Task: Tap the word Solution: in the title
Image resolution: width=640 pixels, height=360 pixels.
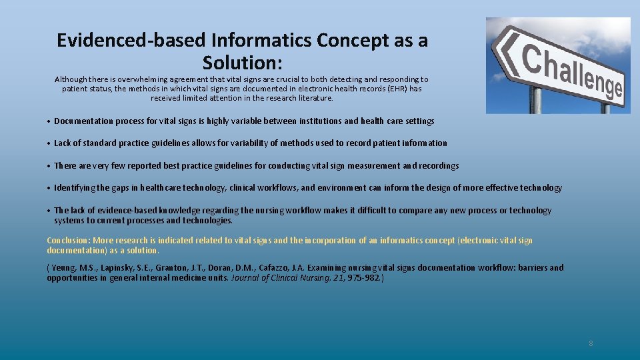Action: (x=243, y=63)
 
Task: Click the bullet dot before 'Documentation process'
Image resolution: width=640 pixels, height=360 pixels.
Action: (x=49, y=121)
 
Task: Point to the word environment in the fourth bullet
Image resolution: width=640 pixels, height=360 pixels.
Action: (x=340, y=188)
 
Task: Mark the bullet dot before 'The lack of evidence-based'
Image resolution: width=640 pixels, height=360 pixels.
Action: (x=49, y=211)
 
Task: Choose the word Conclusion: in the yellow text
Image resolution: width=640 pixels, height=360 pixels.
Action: (x=69, y=241)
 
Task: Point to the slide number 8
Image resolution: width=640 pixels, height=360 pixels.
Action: (x=591, y=343)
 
